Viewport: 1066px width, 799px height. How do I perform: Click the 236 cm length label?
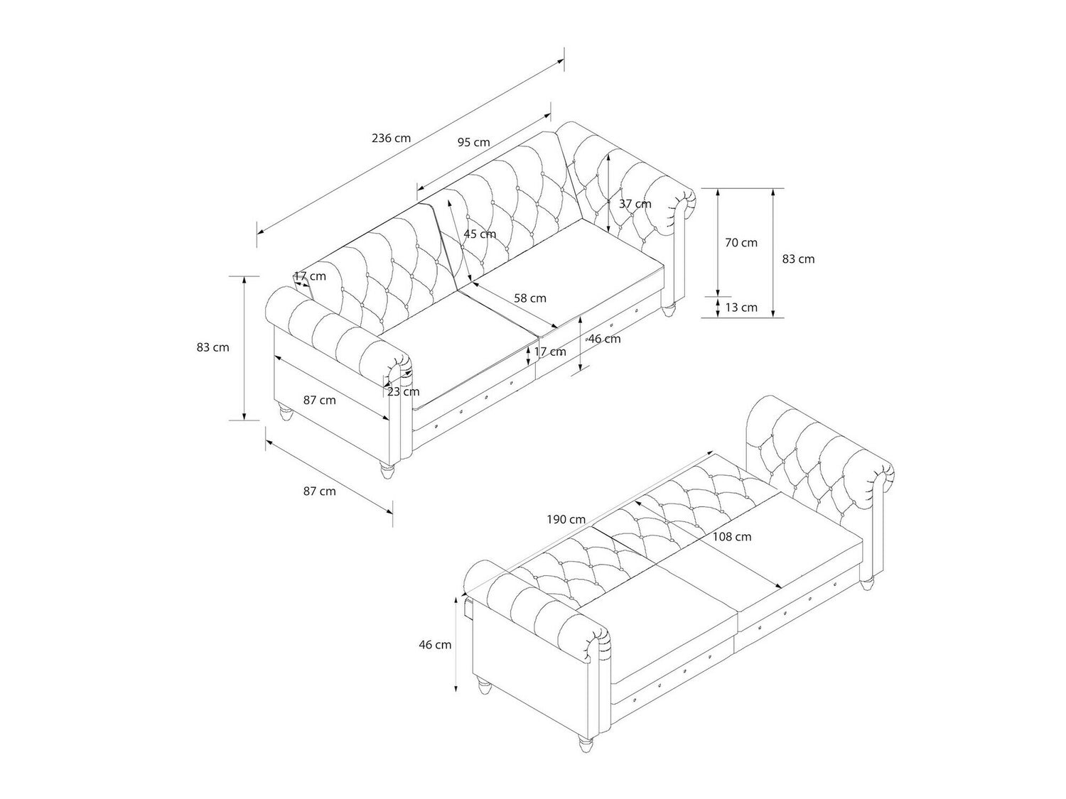[x=391, y=138]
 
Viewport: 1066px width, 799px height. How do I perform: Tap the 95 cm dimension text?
[x=473, y=143]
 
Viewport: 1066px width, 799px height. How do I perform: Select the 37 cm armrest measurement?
[x=635, y=204]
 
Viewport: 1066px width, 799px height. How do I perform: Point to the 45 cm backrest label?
[x=480, y=234]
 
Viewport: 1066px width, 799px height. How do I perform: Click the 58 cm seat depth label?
[x=530, y=298]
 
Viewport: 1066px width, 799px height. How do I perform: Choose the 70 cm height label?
[x=741, y=243]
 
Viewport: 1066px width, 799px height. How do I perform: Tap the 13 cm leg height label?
[x=741, y=308]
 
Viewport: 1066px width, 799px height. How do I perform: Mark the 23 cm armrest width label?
[x=403, y=391]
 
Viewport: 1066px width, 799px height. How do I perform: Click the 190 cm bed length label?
[x=566, y=520]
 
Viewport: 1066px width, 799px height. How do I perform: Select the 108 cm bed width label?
[x=732, y=537]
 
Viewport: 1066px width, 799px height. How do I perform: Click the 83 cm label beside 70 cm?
[x=798, y=259]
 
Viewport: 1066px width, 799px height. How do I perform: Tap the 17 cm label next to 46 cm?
[x=550, y=352]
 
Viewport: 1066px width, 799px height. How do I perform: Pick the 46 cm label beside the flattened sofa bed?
[x=435, y=645]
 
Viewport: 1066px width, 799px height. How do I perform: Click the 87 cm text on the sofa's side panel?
[x=320, y=401]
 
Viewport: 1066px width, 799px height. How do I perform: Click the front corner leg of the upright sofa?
[x=387, y=470]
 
